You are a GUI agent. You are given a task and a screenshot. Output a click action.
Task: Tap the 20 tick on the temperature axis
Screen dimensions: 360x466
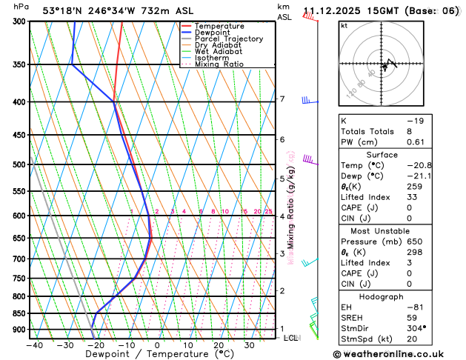(x=219, y=344)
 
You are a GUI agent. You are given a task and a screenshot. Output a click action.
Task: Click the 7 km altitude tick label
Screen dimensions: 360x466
(x=282, y=99)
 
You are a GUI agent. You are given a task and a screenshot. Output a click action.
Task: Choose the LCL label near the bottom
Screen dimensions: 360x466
(x=291, y=338)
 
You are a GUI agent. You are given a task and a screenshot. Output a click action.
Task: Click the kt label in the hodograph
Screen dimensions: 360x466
(x=344, y=25)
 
